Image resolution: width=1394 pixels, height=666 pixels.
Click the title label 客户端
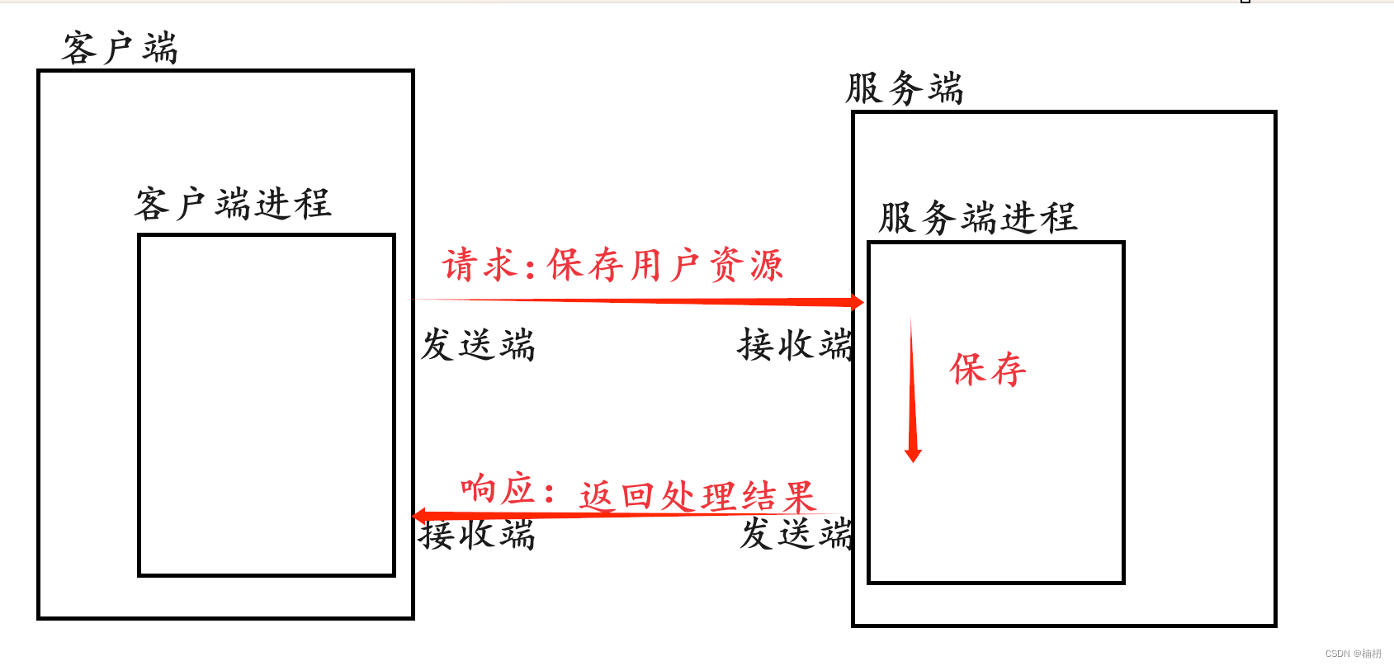coord(120,48)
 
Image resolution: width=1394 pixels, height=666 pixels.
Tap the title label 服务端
coord(905,88)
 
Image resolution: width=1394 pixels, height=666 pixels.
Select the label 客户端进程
coord(233,204)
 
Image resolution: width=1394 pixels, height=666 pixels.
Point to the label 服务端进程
coord(977,218)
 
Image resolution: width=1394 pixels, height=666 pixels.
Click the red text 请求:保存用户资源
coord(612,266)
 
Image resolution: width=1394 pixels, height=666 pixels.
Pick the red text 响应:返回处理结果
coord(638,494)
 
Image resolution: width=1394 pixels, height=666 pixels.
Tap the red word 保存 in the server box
coord(988,369)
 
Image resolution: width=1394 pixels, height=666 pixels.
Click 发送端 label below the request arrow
coord(478,345)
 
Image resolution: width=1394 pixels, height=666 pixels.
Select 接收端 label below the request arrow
coord(795,345)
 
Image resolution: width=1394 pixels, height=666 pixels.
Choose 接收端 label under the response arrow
coord(477,535)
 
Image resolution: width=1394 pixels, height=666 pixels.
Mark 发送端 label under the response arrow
coord(796,533)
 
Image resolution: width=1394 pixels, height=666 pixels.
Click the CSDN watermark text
coord(1353,654)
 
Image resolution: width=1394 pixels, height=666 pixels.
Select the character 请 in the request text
coord(460,266)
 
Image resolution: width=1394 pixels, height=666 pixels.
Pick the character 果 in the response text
coord(799,497)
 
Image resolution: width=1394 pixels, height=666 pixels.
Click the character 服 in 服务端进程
coord(897,218)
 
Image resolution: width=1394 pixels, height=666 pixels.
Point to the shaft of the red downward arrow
coord(912,388)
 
